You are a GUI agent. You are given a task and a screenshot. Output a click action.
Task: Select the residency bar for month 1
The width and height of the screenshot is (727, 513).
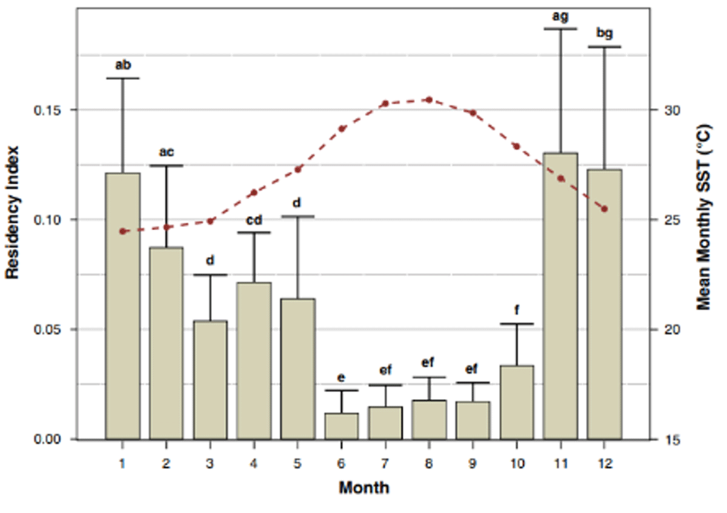point(122,306)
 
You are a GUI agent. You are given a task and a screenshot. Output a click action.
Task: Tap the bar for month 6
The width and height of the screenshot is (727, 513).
point(342,426)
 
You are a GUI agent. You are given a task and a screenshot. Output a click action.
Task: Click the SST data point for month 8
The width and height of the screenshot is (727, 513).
point(428,99)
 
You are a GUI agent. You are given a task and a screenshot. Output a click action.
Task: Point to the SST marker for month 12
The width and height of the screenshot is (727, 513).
point(604,209)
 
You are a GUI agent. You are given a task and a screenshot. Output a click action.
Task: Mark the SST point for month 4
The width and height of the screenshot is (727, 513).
point(254,193)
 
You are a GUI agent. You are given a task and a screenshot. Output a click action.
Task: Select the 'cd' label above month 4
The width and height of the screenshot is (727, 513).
point(254,220)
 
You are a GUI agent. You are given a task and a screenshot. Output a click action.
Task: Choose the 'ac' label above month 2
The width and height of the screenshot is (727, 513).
point(167,152)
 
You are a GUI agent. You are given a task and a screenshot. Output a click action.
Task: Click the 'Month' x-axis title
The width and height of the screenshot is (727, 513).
point(363,488)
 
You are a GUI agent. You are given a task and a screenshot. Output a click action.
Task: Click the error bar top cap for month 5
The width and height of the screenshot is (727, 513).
point(297,216)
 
